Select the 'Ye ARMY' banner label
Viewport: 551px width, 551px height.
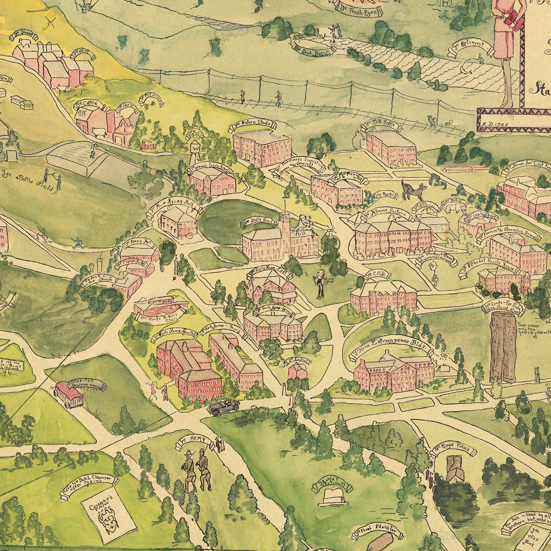pos(195,442)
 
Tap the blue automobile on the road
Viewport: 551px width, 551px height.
pos(223,407)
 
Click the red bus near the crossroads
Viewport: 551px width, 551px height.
pos(68,395)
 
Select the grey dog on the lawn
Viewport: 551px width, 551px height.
pos(413,189)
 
